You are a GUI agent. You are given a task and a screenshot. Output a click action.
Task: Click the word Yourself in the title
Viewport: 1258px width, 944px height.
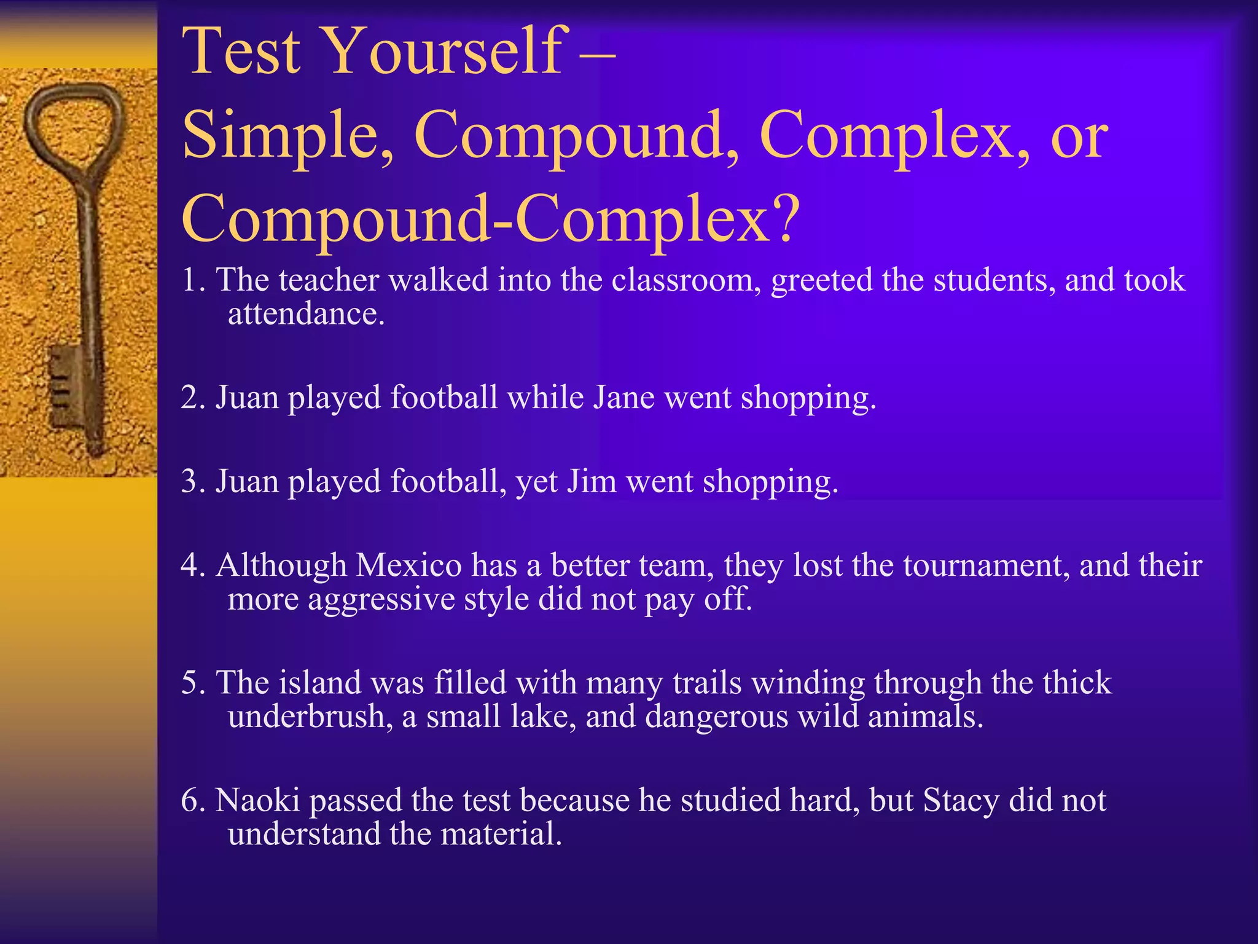pyautogui.click(x=442, y=52)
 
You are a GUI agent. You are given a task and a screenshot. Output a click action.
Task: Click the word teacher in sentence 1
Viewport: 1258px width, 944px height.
pyautogui.click(x=328, y=280)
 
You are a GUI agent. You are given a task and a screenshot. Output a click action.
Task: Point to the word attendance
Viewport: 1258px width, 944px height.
pyautogui.click(x=306, y=314)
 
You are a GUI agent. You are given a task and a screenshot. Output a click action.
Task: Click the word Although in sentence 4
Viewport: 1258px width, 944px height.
pyautogui.click(x=282, y=565)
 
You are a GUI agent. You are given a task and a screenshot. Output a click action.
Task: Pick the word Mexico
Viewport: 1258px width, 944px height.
pyautogui.click(x=408, y=565)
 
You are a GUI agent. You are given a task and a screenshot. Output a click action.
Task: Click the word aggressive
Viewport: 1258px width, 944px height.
pyautogui.click(x=381, y=599)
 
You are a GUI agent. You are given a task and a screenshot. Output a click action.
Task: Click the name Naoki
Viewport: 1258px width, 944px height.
pyautogui.click(x=258, y=800)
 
